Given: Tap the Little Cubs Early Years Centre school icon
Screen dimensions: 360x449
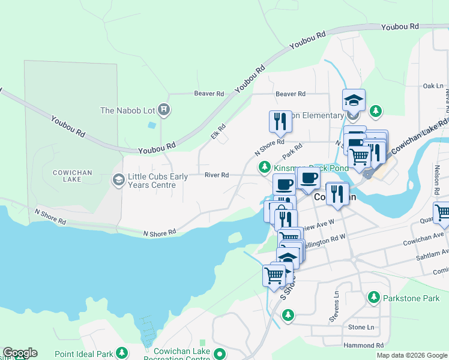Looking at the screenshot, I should pos(118,179).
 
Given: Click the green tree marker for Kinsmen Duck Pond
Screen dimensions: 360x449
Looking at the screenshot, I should pos(264,168).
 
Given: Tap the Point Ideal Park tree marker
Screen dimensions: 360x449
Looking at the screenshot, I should pos(122,352).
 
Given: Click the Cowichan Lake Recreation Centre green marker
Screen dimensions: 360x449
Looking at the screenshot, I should pos(220,354).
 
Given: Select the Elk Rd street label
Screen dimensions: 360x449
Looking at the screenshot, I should pos(218,131).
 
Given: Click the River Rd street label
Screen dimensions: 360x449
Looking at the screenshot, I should pos(217,175).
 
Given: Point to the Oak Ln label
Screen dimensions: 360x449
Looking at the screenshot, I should pos(432,86).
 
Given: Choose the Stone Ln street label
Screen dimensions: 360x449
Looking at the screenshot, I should pos(361,327).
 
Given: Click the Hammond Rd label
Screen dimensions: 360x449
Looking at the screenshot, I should pos(364,346).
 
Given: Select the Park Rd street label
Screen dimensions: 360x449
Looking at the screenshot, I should pos(291,148).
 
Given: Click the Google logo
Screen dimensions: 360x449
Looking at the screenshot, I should pos(20,353).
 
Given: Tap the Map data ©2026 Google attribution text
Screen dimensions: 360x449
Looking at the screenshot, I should pos(412,355).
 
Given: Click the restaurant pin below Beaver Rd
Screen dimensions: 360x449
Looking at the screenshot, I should pos(280,121).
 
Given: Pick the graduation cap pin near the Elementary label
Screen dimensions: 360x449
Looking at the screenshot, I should pos(354,100).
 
